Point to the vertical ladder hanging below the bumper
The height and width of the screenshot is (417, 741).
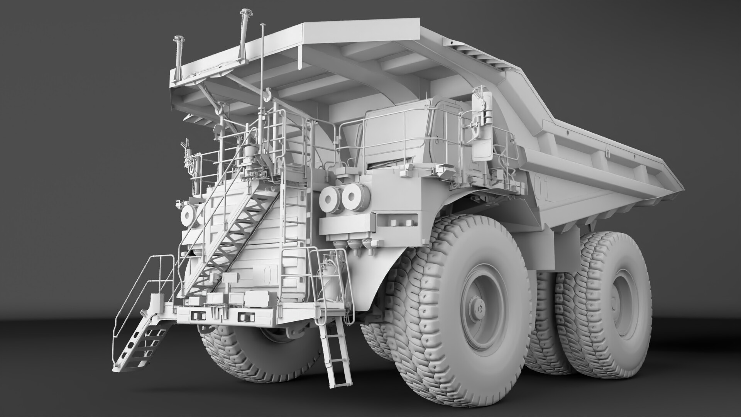[337, 355]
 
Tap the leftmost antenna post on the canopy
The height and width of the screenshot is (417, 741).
[178, 58]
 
